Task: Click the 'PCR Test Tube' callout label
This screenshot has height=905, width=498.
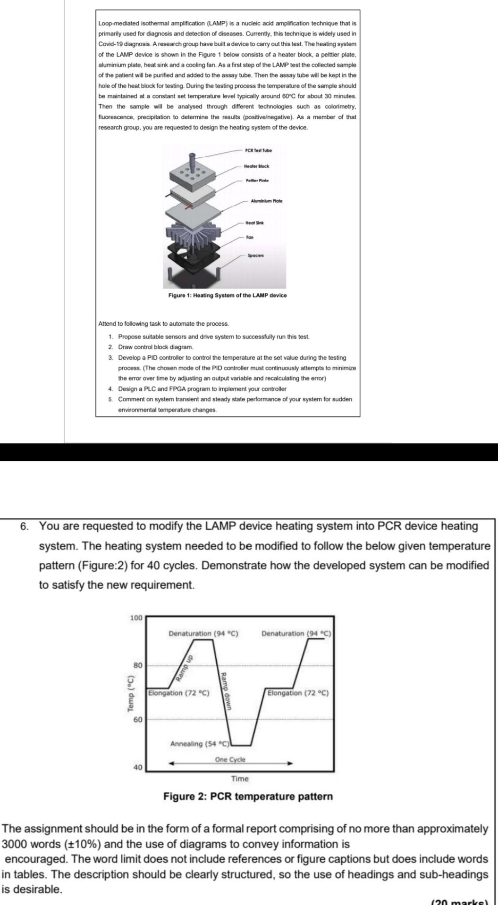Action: [x=258, y=150]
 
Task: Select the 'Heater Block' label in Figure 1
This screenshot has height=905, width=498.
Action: [x=256, y=166]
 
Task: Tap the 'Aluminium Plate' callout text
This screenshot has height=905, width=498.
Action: [x=266, y=201]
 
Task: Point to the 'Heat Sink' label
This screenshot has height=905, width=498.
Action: [x=255, y=222]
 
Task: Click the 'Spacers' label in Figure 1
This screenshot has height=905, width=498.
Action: [x=256, y=255]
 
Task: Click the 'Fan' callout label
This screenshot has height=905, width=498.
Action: [x=250, y=237]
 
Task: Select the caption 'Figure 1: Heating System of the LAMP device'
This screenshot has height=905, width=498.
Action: [x=228, y=295]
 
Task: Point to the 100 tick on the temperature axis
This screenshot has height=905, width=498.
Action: [x=136, y=617]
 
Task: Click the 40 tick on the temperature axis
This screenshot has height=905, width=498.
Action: [x=137, y=767]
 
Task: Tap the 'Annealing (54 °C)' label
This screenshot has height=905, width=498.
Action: [x=199, y=744]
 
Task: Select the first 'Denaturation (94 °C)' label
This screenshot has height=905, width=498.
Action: [x=203, y=633]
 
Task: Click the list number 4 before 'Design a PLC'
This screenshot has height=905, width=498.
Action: [x=110, y=389]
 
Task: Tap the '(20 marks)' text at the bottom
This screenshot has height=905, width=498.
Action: [x=459, y=901]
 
